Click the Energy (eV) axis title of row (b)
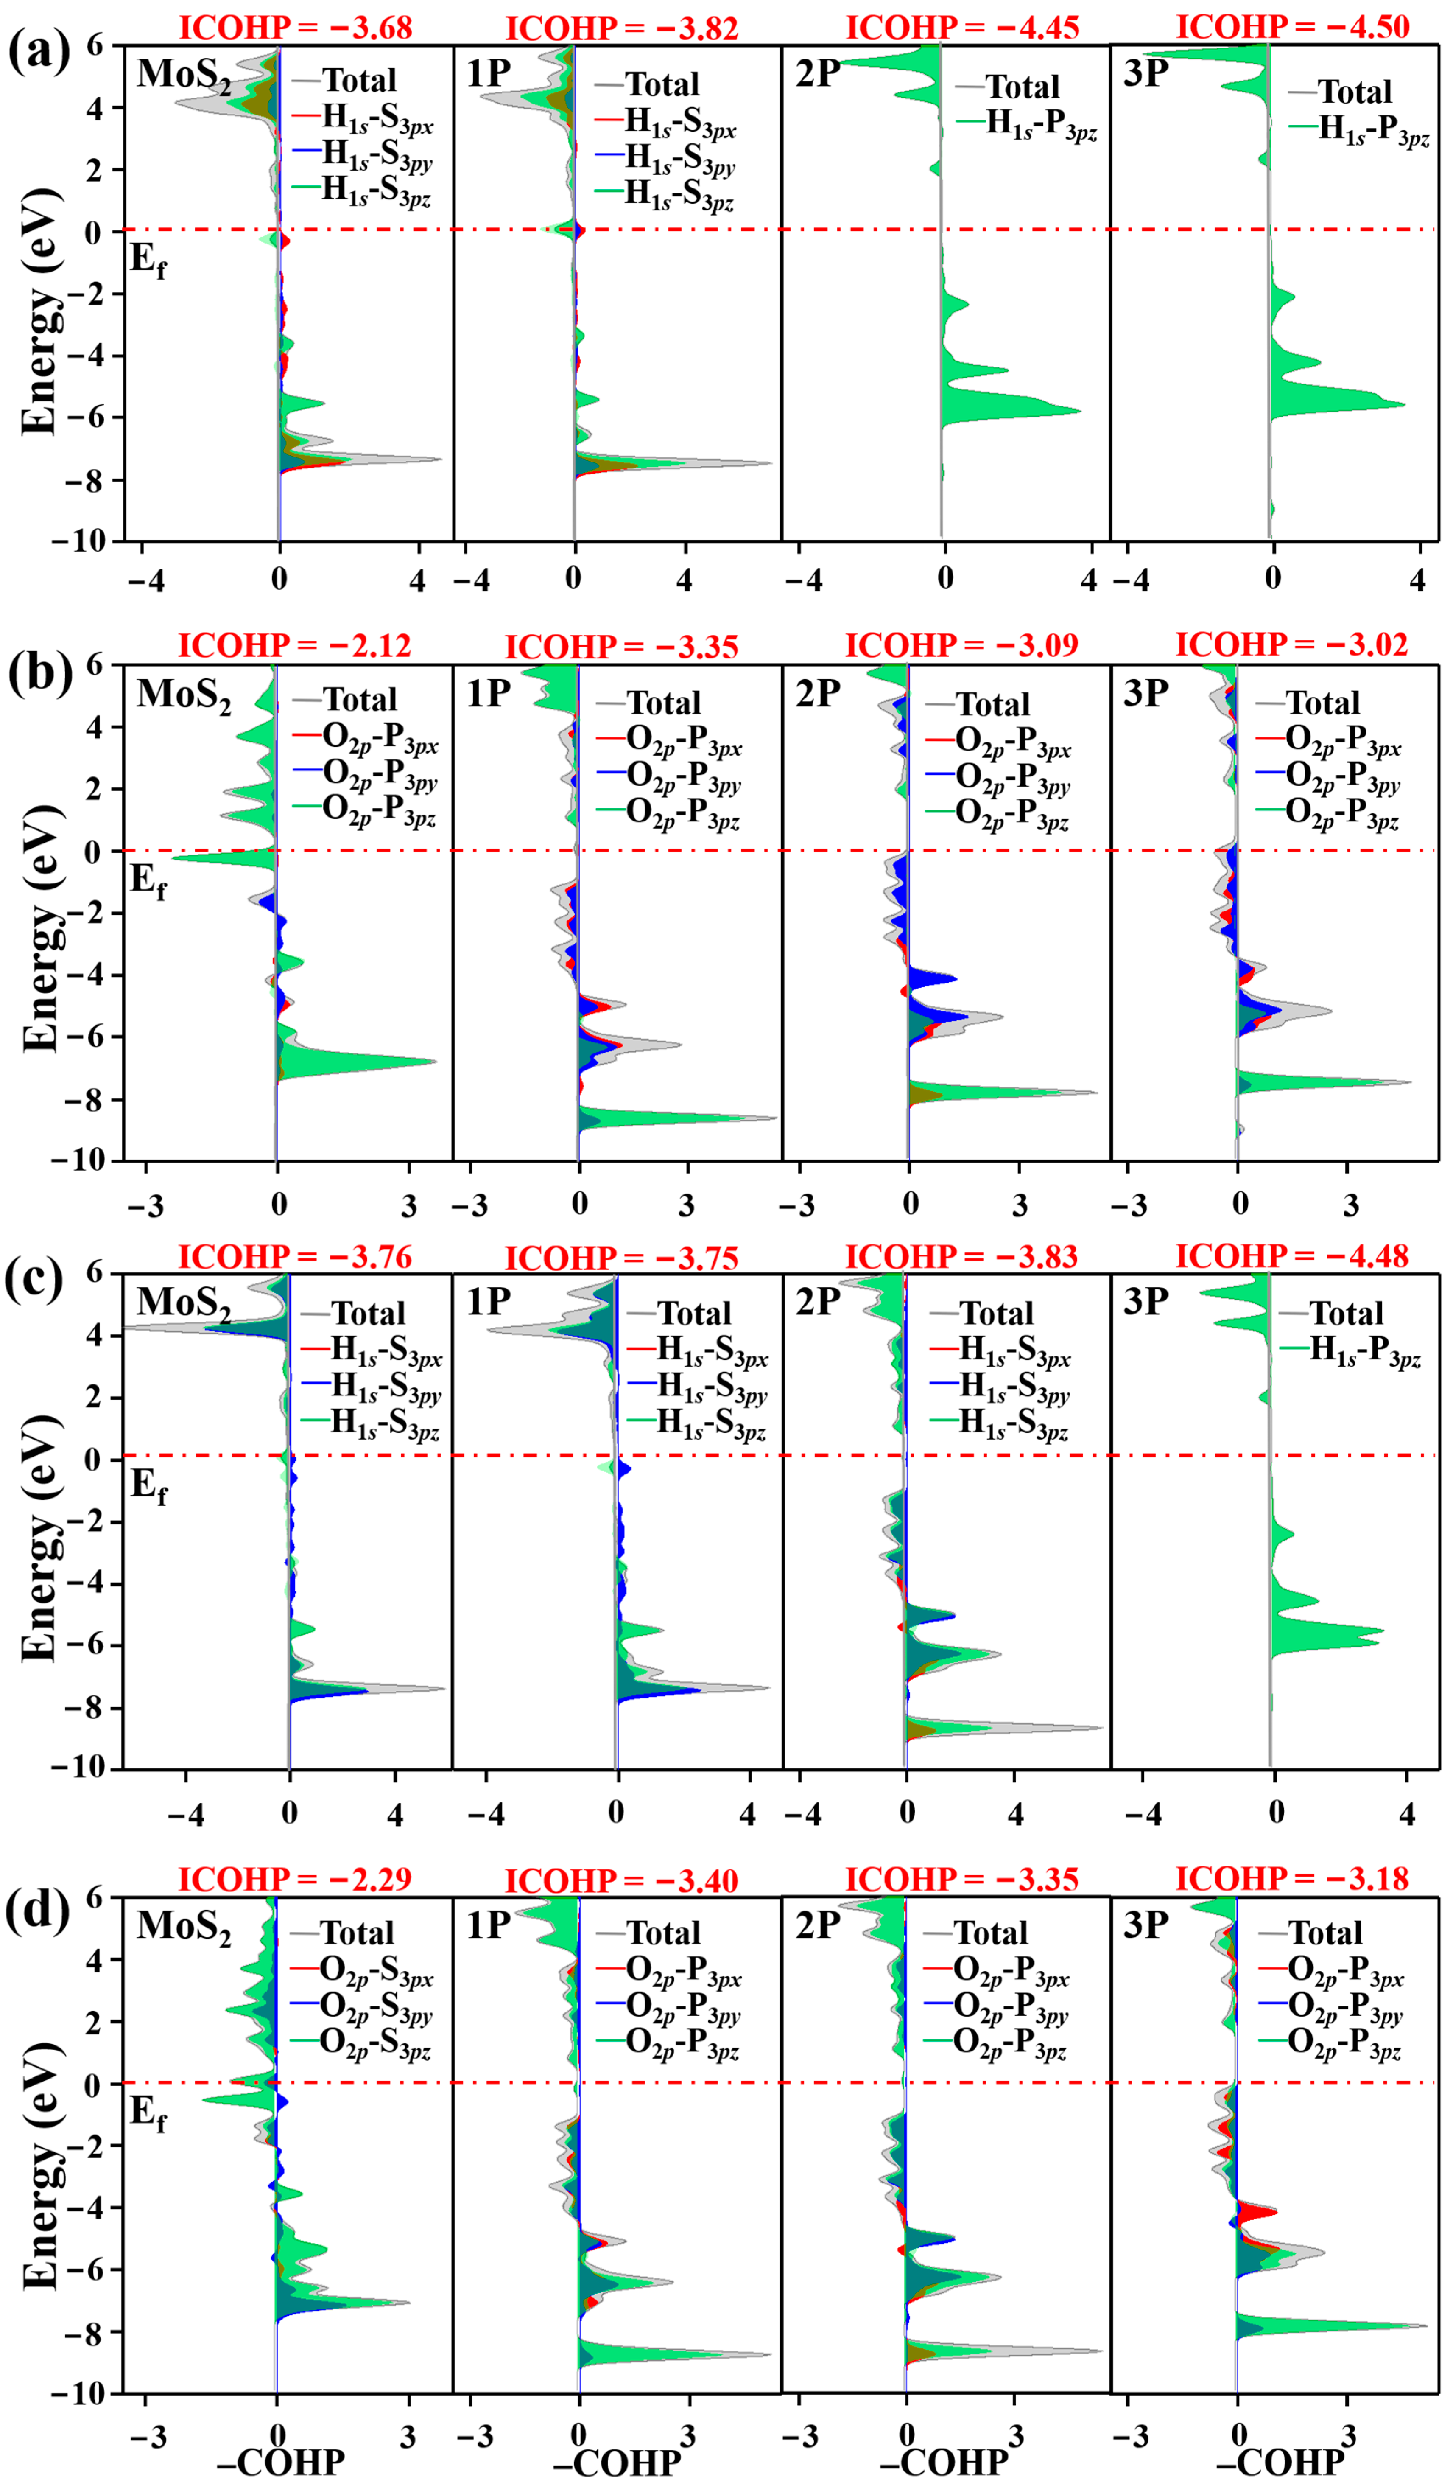[x=42, y=928]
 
